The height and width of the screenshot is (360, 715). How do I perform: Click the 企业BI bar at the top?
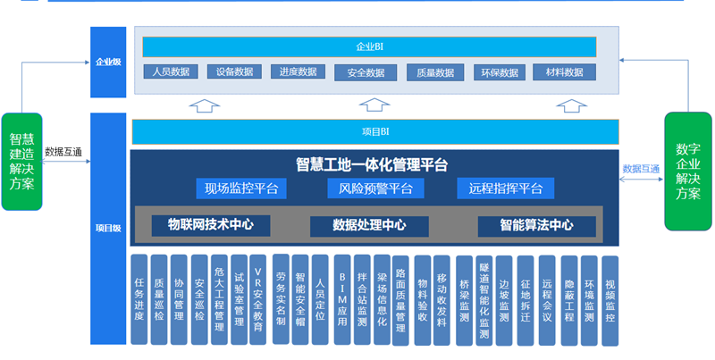click(369, 46)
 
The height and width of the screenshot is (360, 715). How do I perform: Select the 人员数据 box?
click(169, 72)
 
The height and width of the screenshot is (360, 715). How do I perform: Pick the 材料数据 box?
click(564, 72)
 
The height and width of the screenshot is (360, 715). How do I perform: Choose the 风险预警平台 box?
click(375, 188)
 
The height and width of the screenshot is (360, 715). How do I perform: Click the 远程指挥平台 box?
click(506, 188)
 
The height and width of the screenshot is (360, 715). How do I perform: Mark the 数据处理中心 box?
click(369, 225)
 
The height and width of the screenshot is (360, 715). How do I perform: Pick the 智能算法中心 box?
click(536, 225)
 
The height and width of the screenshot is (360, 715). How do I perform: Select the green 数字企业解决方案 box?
click(687, 171)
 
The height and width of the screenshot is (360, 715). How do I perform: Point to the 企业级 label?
click(108, 63)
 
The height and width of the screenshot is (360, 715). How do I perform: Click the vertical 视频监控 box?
click(610, 300)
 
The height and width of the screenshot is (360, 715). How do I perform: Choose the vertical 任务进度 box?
click(139, 299)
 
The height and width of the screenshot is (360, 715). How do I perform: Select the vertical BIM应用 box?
click(342, 299)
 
